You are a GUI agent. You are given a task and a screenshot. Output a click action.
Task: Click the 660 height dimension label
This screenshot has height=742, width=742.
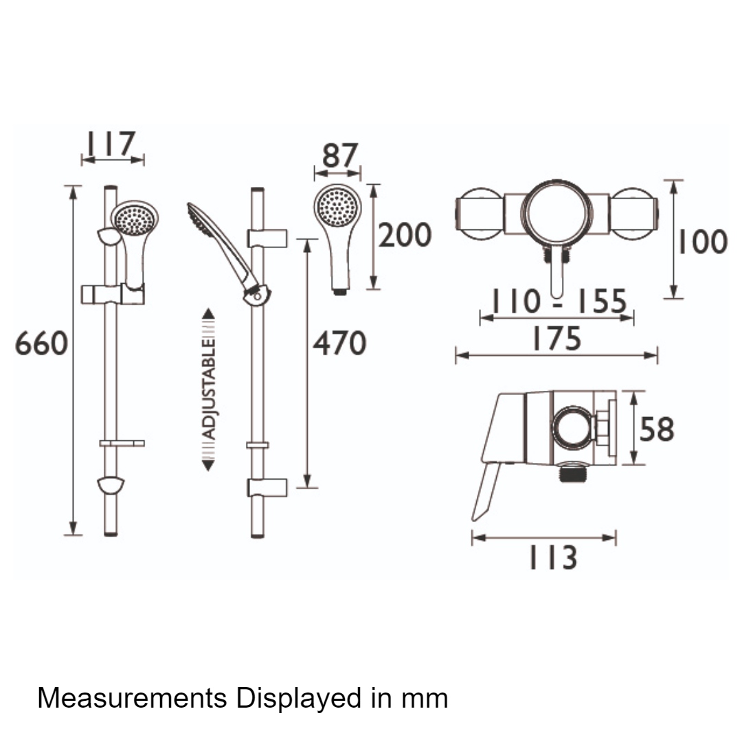tap(42, 344)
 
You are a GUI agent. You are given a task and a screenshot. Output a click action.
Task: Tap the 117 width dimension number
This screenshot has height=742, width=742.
tap(110, 144)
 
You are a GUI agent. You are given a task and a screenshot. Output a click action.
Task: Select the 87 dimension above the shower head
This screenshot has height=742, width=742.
tap(340, 156)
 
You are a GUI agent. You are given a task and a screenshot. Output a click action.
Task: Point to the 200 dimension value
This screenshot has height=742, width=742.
tap(405, 235)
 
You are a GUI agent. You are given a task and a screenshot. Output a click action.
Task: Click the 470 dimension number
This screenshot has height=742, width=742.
tap(340, 344)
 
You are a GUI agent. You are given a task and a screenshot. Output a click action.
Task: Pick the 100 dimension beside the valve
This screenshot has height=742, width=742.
tap(703, 242)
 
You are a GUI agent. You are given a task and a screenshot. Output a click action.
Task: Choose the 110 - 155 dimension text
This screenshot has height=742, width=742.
tap(559, 301)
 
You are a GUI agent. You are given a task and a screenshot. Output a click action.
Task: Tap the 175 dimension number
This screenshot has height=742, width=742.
tap(556, 338)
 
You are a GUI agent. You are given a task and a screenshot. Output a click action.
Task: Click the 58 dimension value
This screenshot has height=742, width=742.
tap(657, 429)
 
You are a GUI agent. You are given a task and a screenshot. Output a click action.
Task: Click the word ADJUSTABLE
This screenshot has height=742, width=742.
tap(209, 389)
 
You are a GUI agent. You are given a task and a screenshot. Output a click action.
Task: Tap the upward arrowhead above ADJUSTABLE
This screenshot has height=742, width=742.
tap(209, 313)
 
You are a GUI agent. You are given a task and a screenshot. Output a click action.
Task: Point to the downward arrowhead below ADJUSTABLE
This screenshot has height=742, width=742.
tap(209, 465)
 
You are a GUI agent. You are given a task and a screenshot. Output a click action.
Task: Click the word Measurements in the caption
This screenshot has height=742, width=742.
tap(132, 697)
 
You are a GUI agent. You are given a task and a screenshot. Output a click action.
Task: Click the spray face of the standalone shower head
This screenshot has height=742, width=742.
tap(338, 206)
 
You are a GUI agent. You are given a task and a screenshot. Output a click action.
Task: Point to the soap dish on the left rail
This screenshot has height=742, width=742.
tap(122, 443)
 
